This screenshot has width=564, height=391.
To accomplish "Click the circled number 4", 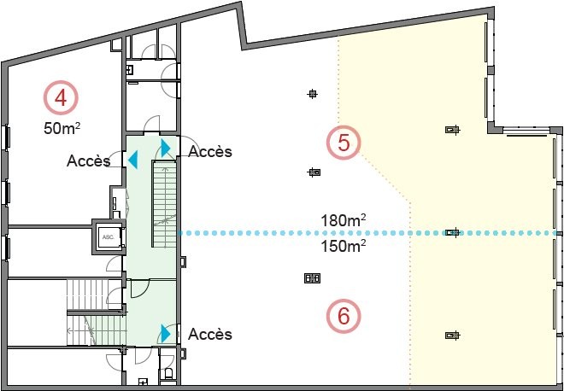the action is click(61, 97).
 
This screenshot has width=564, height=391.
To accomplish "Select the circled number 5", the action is click(344, 143).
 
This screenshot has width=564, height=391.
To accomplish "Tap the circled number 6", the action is click(344, 316).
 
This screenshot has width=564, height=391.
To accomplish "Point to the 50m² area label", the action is click(62, 127).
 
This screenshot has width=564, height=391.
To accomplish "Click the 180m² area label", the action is click(344, 220).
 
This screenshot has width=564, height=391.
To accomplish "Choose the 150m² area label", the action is click(344, 246).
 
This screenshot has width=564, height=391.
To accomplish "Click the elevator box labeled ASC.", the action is click(109, 236).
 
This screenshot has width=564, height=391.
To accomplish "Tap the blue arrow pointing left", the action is click(132, 160).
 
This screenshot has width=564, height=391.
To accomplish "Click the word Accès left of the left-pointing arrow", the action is click(88, 161).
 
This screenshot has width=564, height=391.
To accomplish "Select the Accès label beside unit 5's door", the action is click(210, 151).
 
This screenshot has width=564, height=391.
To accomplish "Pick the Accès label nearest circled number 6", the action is click(210, 334).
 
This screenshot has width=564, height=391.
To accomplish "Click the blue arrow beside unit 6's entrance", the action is click(166, 334).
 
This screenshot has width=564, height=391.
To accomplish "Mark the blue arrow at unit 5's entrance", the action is click(166, 148).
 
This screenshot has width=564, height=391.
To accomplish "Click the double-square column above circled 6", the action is click(312, 277).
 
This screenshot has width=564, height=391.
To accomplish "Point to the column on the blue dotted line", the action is click(453, 232).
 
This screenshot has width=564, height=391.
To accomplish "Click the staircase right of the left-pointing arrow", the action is click(164, 204).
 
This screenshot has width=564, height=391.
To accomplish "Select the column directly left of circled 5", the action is click(314, 172).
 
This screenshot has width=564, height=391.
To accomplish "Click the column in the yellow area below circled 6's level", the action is click(453, 336).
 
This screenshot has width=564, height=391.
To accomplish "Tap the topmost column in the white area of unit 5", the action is click(313, 94).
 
